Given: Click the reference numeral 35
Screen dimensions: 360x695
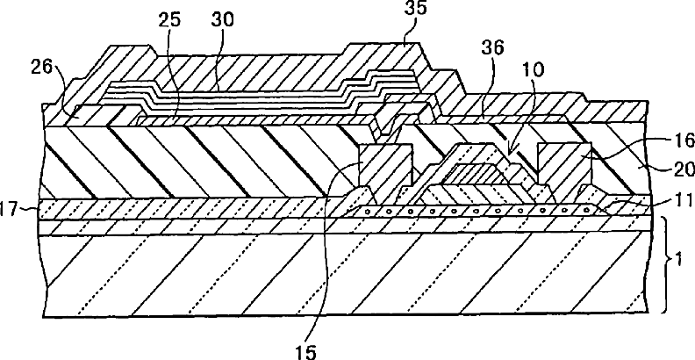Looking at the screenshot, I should tap(410, 12).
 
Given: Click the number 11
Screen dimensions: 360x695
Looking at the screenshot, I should tap(665, 202).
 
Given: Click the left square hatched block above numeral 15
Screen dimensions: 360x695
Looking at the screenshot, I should tap(383, 166).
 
